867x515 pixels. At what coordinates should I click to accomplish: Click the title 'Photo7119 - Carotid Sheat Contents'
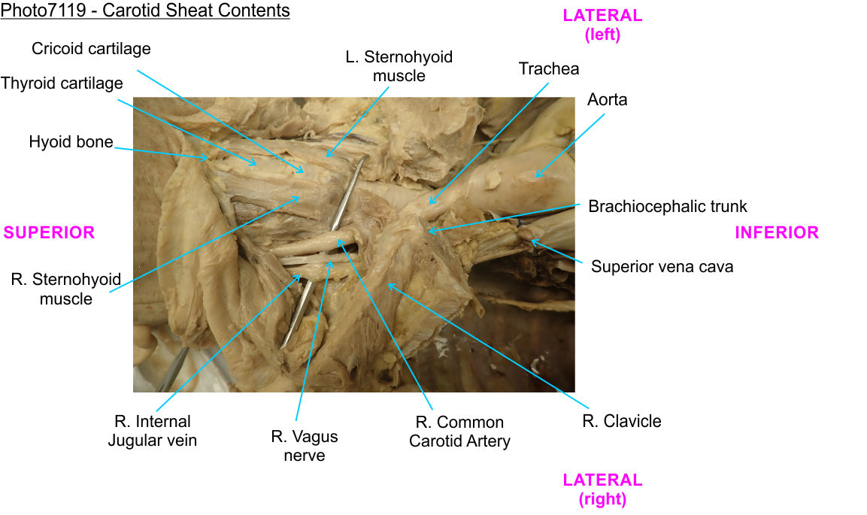coord(145,11)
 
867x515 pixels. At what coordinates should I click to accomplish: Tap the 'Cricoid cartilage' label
coord(91,49)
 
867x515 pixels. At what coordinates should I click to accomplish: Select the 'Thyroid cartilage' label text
coord(62,83)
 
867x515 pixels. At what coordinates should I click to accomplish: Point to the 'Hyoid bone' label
coord(71,142)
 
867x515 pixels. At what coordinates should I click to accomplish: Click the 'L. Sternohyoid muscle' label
coord(399,66)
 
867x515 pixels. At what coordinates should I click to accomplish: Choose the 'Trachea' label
coord(549,69)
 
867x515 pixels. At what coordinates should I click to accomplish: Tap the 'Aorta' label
coord(607,100)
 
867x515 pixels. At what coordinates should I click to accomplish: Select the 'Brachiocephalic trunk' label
coord(668,206)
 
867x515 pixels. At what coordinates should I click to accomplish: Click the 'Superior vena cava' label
coord(662,266)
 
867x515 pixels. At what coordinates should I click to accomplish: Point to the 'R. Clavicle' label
coord(622,421)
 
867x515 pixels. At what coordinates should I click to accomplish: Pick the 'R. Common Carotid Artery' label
coord(459,432)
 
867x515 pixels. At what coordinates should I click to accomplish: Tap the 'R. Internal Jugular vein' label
coord(152,431)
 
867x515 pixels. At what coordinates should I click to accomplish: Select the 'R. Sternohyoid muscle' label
coord(66,289)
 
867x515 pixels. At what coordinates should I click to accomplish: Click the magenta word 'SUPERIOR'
coord(49,233)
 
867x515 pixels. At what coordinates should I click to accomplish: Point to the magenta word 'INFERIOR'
coord(777,233)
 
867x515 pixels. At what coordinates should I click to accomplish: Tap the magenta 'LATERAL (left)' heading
coord(602,25)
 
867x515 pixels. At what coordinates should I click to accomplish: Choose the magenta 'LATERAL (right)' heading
coord(602,489)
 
